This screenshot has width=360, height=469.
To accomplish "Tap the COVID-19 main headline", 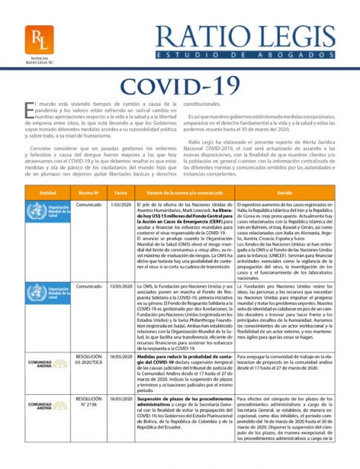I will [179, 85].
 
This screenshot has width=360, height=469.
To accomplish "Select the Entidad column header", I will [48, 193].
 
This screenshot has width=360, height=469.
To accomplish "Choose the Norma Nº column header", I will [89, 193].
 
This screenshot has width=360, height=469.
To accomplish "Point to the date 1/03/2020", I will [120, 206].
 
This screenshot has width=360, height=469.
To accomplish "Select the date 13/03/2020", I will [120, 286].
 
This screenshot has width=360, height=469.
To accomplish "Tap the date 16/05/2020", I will [120, 356].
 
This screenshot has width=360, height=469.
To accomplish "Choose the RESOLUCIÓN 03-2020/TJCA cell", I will [89, 359].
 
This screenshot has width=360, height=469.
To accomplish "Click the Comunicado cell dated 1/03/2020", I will [89, 206].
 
